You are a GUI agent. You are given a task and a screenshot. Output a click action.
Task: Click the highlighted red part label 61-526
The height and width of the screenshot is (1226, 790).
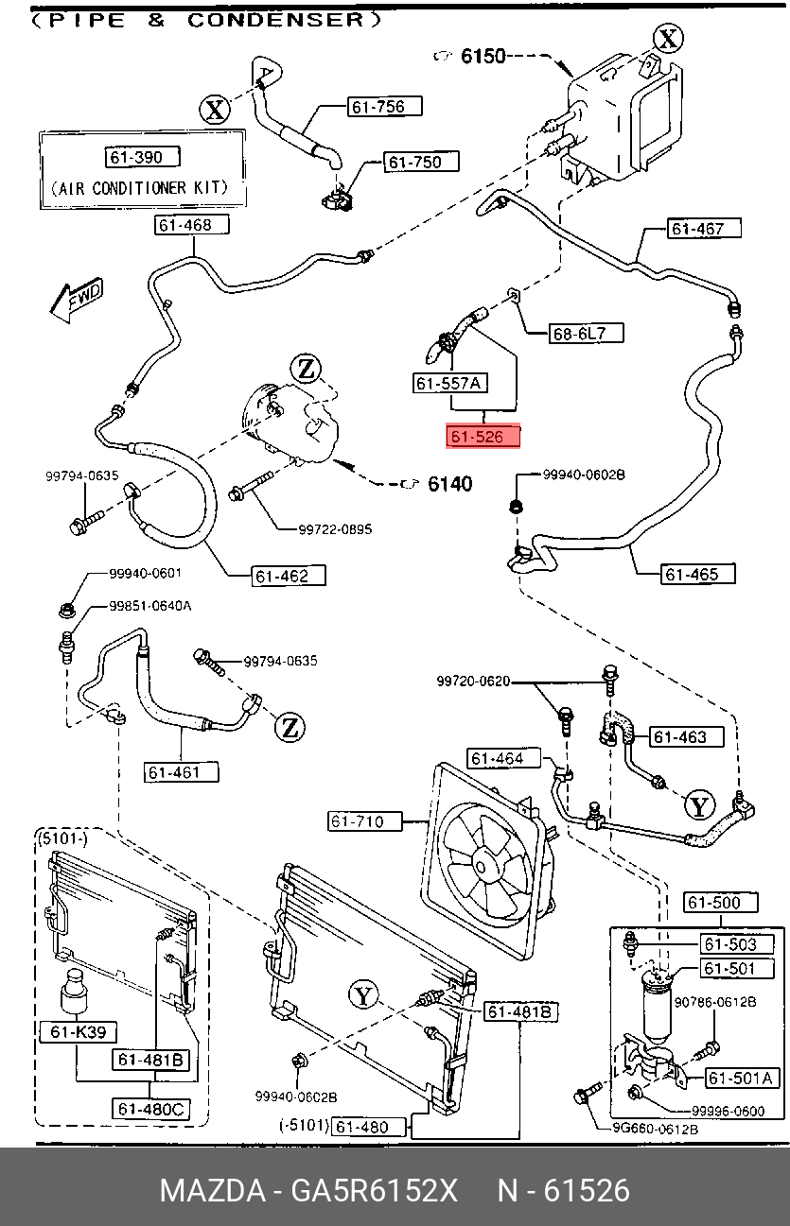(x=483, y=437)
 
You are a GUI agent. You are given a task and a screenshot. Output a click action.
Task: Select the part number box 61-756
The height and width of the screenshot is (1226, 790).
(x=377, y=107)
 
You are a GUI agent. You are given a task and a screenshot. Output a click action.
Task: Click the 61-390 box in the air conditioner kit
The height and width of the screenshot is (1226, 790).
(x=141, y=157)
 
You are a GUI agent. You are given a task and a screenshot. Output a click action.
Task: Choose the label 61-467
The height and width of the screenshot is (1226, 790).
(x=704, y=228)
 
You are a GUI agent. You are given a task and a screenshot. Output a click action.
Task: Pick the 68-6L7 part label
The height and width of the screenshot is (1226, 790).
(x=586, y=333)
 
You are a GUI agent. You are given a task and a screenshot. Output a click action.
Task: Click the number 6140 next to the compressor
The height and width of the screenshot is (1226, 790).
(x=449, y=485)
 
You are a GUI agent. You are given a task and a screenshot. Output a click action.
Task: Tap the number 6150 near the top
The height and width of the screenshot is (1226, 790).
(x=483, y=57)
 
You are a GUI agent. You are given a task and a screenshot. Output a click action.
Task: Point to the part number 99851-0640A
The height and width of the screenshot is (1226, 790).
(x=149, y=606)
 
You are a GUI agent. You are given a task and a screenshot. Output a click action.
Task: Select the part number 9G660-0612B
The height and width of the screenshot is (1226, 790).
(x=651, y=1129)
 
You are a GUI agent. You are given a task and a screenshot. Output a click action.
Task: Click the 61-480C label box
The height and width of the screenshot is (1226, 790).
(x=152, y=1108)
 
